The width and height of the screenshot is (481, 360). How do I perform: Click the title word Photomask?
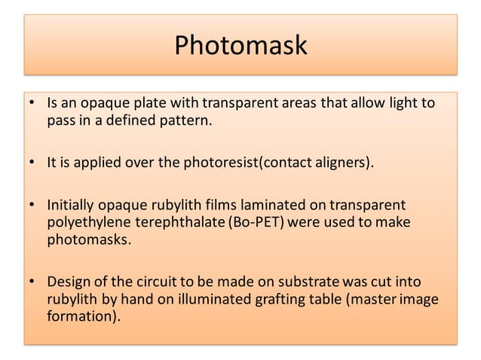coord(240,45)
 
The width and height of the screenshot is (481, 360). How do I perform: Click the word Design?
coord(67,282)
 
